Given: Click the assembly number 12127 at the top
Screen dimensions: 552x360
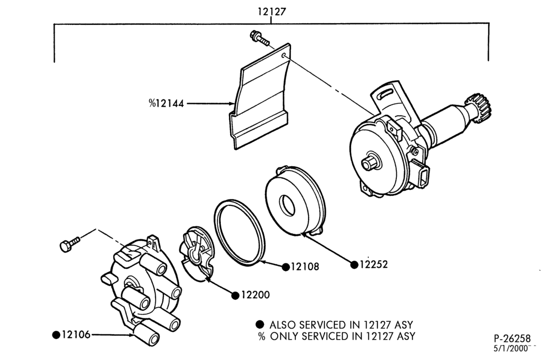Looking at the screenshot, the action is coord(272,12).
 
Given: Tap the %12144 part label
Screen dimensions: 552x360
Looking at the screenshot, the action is coord(166,104).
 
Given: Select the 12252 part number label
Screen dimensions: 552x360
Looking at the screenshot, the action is coord(374,264).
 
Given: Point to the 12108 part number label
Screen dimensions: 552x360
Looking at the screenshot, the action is coord(305,267).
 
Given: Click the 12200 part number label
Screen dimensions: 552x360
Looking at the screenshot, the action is coord(255,295).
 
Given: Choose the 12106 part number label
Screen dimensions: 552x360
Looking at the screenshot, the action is coord(76,335).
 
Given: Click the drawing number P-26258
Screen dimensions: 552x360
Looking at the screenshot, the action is coord(512,338).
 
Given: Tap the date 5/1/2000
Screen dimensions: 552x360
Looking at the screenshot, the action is coord(511,349).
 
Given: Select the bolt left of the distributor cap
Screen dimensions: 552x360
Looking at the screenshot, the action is coord(70,243).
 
